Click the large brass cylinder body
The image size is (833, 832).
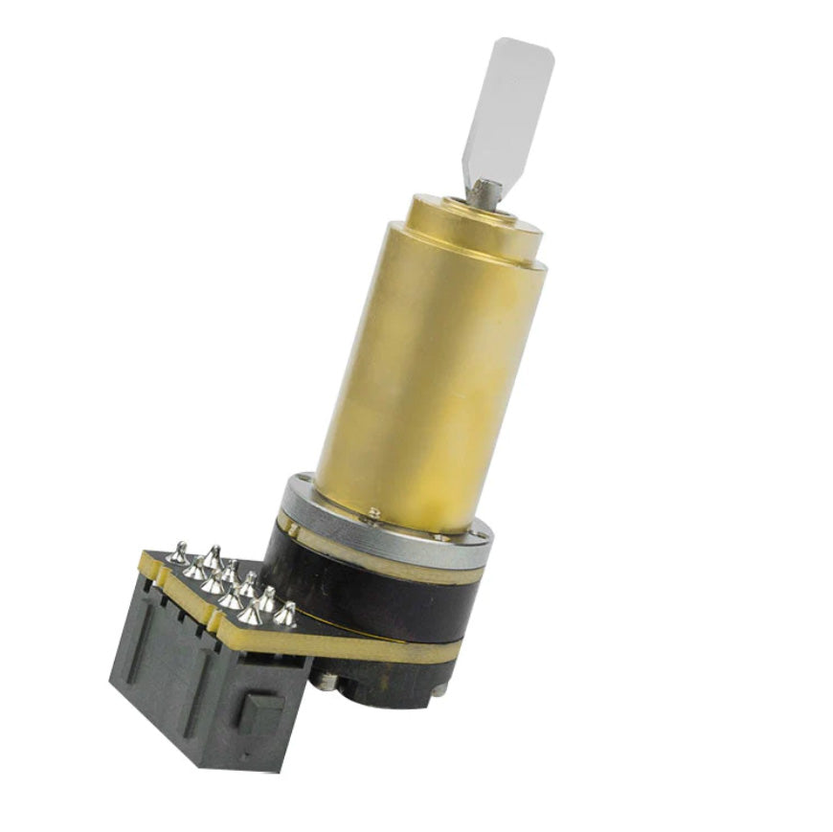coord(431,373)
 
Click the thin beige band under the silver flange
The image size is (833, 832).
coord(383,555)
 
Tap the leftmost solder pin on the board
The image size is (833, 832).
coord(177,551)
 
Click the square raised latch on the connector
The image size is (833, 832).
coord(261,713)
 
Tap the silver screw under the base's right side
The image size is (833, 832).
coord(438,688)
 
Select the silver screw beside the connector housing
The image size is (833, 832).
coord(326,681)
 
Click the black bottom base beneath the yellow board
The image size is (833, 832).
coord(383,685)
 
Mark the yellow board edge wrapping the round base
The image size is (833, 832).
coord(383,651)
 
